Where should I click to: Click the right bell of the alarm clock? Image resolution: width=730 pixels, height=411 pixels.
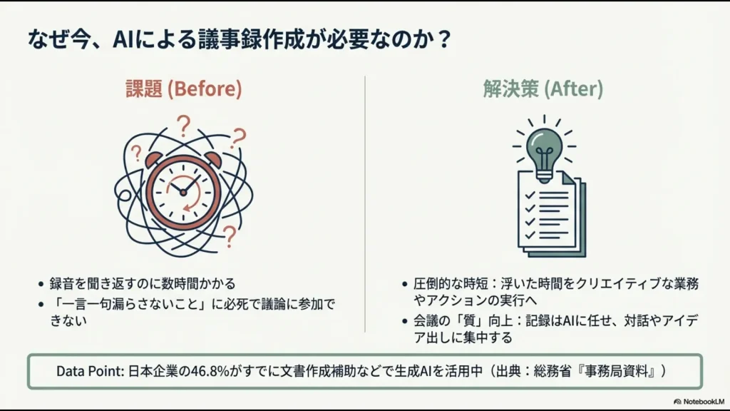point(211,158)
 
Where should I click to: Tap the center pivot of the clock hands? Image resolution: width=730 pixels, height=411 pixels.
point(183,192)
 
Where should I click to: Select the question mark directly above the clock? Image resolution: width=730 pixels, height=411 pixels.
point(185,127)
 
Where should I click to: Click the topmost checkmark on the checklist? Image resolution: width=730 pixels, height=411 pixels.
point(529,194)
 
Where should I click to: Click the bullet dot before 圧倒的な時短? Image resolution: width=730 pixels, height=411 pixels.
point(406,284)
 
